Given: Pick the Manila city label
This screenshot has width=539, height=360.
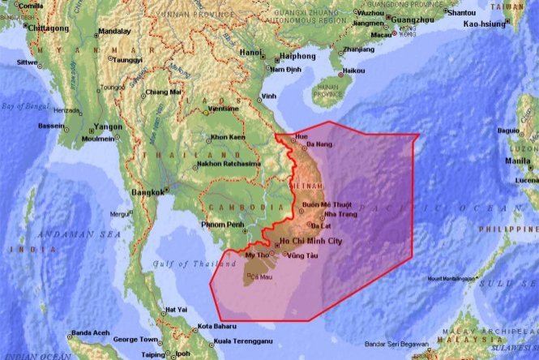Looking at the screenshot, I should coord(519,161).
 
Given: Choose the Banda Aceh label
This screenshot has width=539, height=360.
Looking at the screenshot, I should coord(91,333).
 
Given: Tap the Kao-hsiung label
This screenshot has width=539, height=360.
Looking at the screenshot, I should coord(485,24).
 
